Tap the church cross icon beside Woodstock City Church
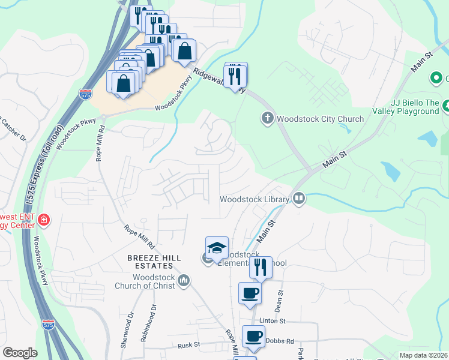(x=268, y=118)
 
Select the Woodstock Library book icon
(x=298, y=199)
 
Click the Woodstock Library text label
(x=255, y=199)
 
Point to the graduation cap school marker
(x=217, y=247)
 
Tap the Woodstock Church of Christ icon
(x=184, y=280)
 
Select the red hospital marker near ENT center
(x=43, y=221)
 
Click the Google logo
(x=20, y=353)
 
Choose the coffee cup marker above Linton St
(x=250, y=293)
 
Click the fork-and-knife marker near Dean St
(x=261, y=267)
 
